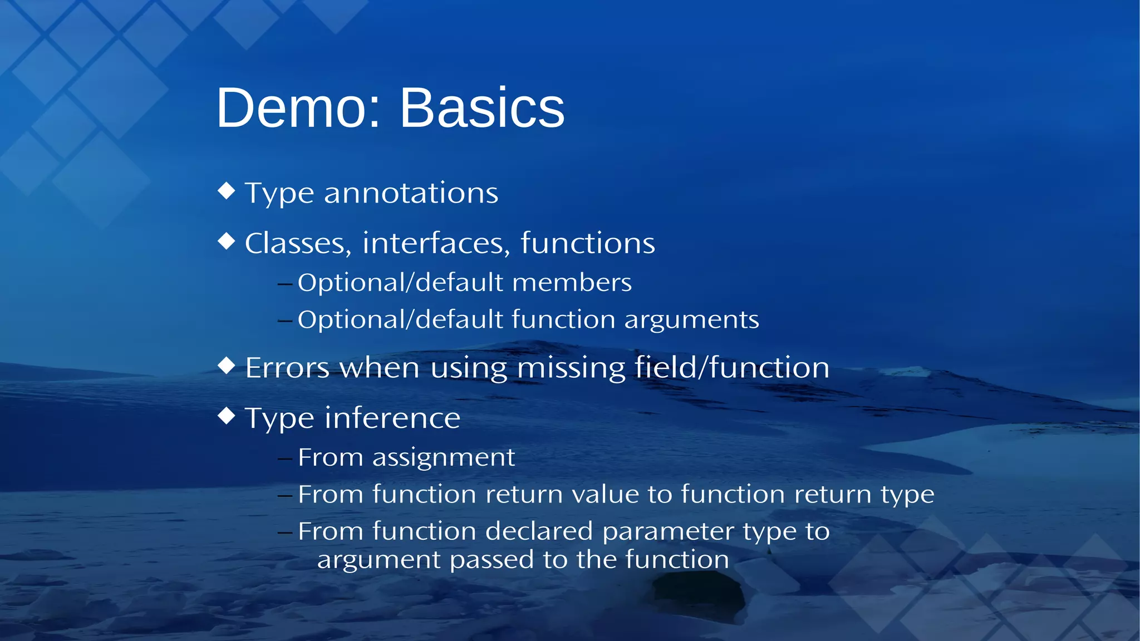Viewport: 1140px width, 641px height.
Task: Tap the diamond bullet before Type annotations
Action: pyautogui.click(x=227, y=191)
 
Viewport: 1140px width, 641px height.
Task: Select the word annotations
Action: pyautogui.click(x=411, y=194)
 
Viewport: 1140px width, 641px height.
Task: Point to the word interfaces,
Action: pyautogui.click(x=436, y=244)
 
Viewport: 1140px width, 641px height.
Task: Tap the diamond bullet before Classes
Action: pyautogui.click(x=227, y=241)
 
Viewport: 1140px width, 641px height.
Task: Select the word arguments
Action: pyautogui.click(x=691, y=320)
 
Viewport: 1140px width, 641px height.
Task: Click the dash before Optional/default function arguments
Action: pyautogui.click(x=285, y=321)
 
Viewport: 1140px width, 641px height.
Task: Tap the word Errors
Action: pyautogui.click(x=287, y=368)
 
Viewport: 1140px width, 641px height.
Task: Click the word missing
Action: pyautogui.click(x=571, y=368)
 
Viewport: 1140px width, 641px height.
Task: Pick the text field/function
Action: pyautogui.click(x=732, y=368)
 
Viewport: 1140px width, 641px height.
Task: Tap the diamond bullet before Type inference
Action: pyautogui.click(x=227, y=416)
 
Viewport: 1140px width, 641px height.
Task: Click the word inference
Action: pyautogui.click(x=392, y=418)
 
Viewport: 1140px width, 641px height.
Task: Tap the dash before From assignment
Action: pyautogui.click(x=285, y=459)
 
